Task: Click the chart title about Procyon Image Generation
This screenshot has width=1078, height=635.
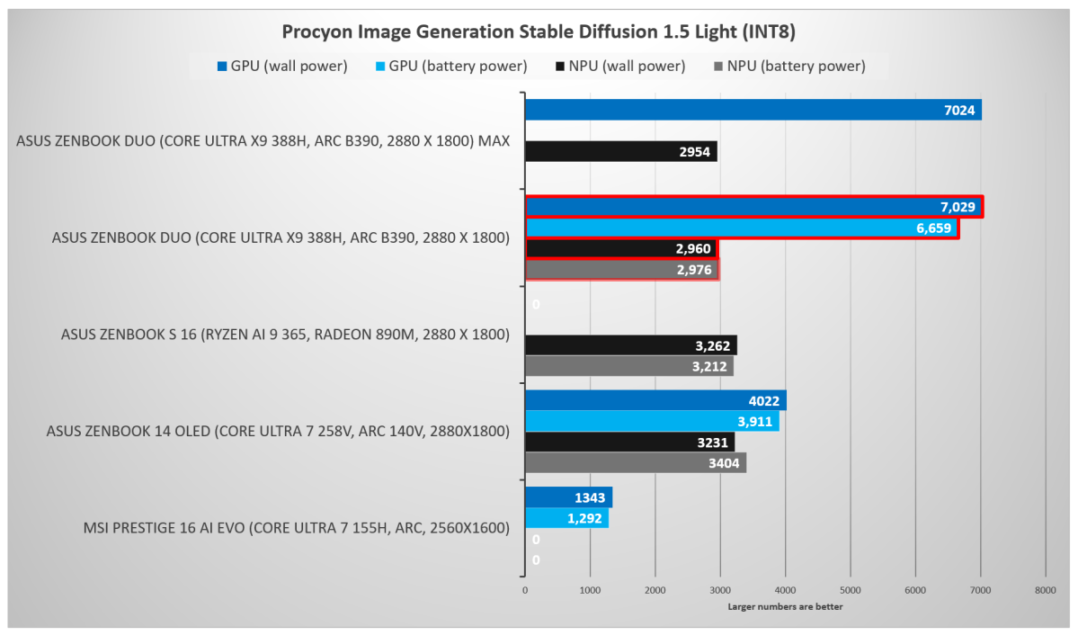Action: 539,32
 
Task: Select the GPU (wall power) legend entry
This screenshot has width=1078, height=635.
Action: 281,66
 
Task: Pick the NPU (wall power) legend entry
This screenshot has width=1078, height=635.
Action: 621,66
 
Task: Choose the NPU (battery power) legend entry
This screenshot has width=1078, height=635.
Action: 788,66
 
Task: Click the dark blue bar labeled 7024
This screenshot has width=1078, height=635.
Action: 753,110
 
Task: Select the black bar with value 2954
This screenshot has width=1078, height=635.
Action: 620,151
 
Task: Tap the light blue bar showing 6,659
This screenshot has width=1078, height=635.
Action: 741,228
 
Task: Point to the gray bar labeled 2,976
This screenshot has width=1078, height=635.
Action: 621,270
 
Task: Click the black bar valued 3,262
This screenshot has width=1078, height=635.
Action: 630,345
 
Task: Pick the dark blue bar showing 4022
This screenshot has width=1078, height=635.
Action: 655,400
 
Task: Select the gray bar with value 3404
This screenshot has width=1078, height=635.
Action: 635,462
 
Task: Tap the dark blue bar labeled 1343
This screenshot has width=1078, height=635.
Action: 568,497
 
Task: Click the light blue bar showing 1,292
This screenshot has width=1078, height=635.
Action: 566,518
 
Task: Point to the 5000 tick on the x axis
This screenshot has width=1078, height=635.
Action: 850,590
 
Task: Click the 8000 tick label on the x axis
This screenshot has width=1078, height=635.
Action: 1045,590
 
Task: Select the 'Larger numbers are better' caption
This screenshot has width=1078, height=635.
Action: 785,606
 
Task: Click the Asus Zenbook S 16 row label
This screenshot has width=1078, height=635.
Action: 285,335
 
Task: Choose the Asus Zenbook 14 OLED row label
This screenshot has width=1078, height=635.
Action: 278,431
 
